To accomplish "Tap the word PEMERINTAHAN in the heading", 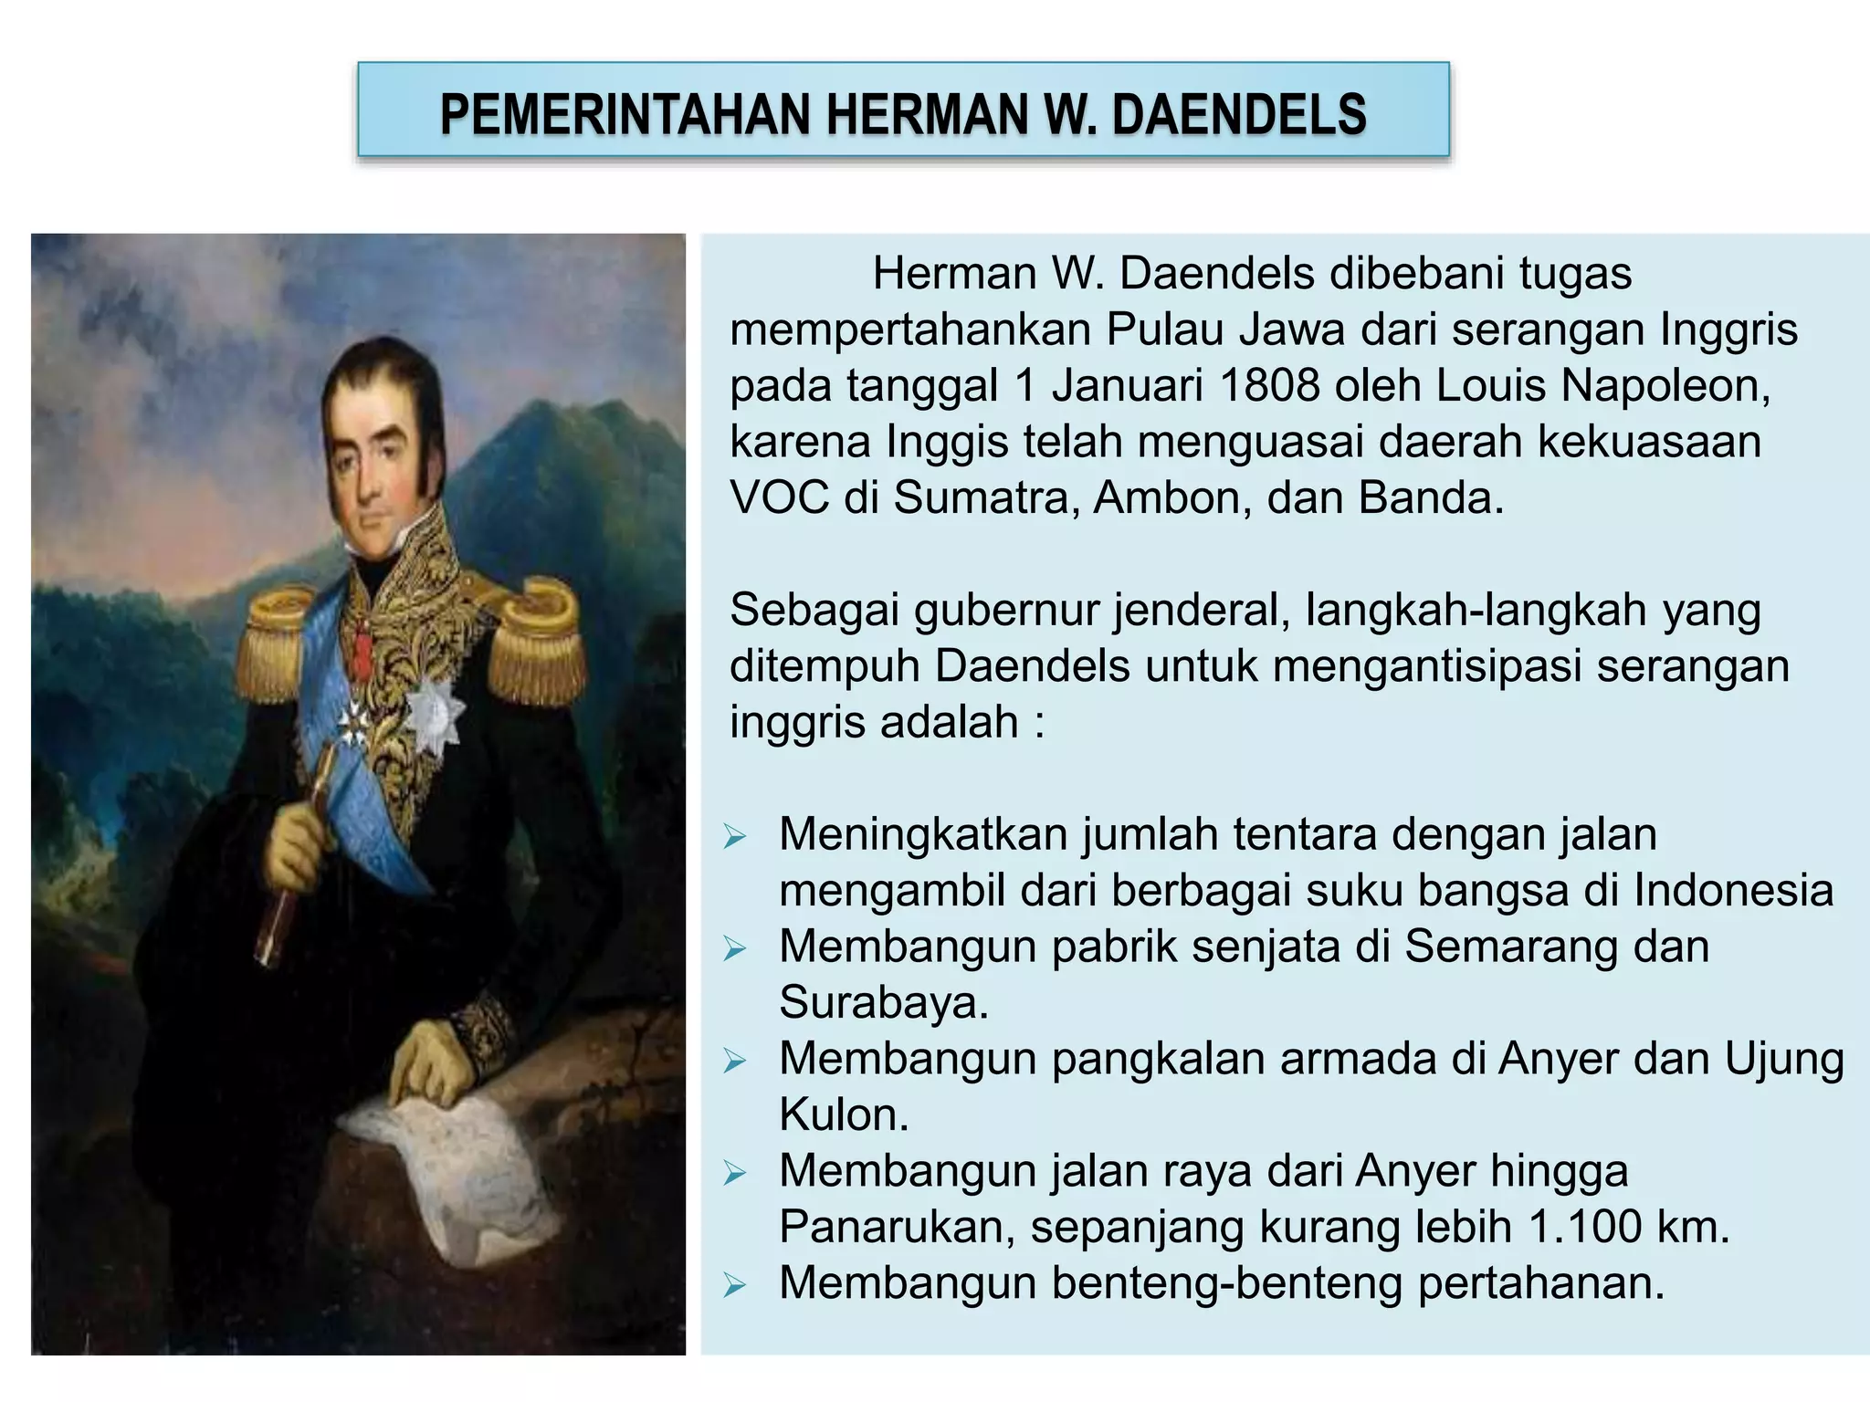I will click(625, 115).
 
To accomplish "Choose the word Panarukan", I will click(895, 1227).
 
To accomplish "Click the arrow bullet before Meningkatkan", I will click(735, 836).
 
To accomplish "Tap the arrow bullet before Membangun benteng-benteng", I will click(735, 1285).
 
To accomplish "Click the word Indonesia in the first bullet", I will click(1733, 891).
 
